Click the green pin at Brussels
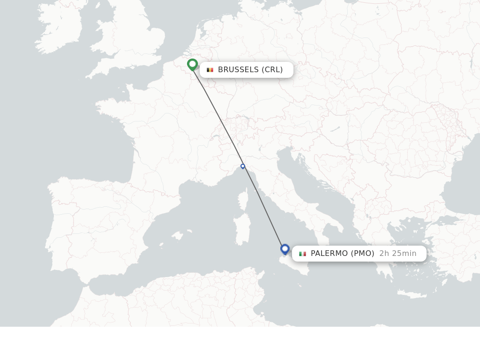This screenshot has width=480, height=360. tap(192, 64)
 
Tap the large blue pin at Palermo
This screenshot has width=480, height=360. tap(285, 249)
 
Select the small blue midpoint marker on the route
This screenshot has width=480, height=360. tap(243, 166)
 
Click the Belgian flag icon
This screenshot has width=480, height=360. tap(210, 70)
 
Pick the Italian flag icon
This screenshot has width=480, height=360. tap(303, 254)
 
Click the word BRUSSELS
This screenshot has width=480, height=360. tap(238, 69)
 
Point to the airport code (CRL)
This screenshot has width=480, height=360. tap(272, 69)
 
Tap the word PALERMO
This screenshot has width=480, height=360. tap(330, 254)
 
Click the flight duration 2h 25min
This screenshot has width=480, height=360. tap(398, 254)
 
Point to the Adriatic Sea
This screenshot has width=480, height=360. tap(309, 183)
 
